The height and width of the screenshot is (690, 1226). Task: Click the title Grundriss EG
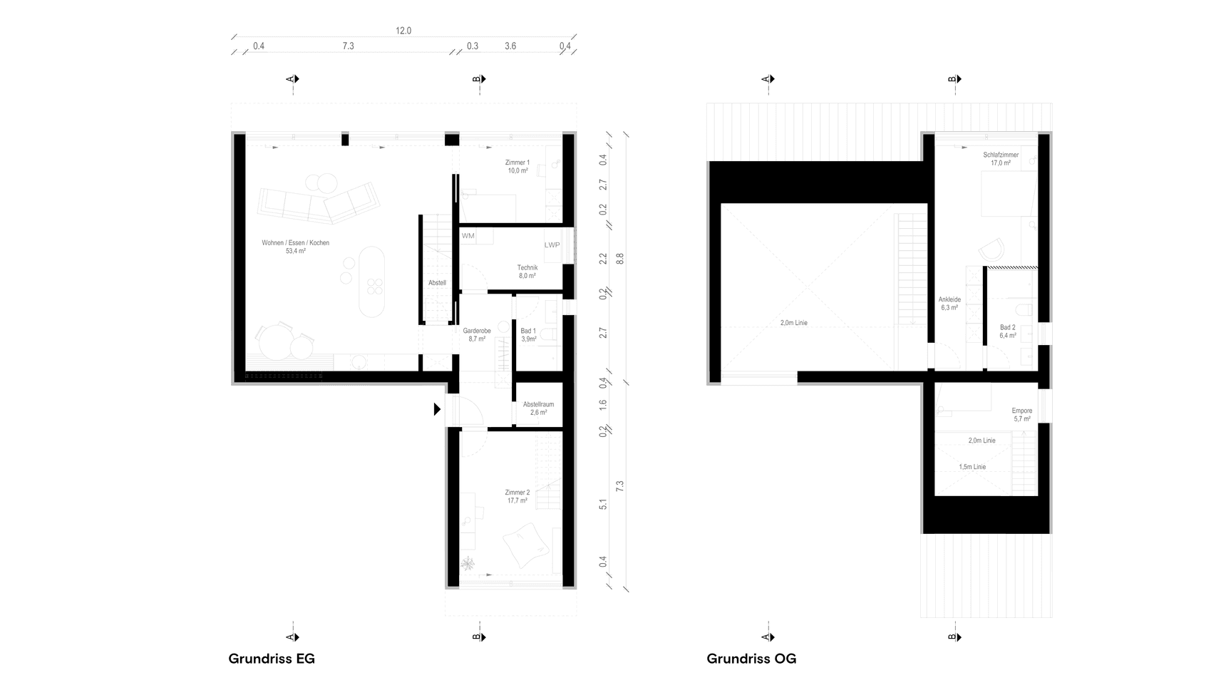[272, 659]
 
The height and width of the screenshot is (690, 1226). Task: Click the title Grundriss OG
[751, 659]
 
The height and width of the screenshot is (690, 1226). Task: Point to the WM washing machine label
[468, 236]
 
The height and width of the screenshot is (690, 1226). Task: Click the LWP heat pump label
[552, 245]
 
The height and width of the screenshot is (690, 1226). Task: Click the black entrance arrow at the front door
[437, 409]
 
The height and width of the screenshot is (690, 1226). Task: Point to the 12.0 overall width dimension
[403, 31]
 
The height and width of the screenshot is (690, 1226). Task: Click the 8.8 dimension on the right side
[619, 258]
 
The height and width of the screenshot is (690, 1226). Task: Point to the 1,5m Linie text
[972, 467]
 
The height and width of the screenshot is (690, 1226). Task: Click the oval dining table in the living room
[371, 281]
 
